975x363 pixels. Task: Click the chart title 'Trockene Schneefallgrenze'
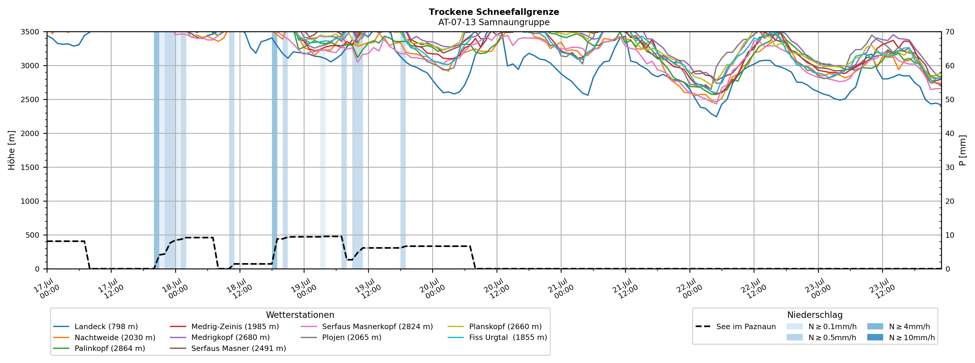click(494, 12)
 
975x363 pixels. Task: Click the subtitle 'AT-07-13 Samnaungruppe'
click(494, 22)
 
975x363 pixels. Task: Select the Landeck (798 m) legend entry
click(95, 327)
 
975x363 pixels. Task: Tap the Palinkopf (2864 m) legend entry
click(99, 348)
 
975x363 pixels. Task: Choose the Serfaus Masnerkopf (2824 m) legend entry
click(366, 327)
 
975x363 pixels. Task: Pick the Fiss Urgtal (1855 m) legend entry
click(497, 337)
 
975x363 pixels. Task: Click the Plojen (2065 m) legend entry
click(341, 337)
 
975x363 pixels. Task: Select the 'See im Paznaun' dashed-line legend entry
click(735, 327)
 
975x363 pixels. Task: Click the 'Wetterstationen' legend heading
click(300, 315)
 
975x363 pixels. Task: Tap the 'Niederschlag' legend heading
click(815, 315)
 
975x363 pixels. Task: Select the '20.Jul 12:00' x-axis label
click(497, 289)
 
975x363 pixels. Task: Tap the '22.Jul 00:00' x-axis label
click(690, 289)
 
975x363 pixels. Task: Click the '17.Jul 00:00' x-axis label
click(47, 289)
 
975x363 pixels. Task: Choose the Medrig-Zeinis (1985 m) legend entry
click(224, 327)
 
